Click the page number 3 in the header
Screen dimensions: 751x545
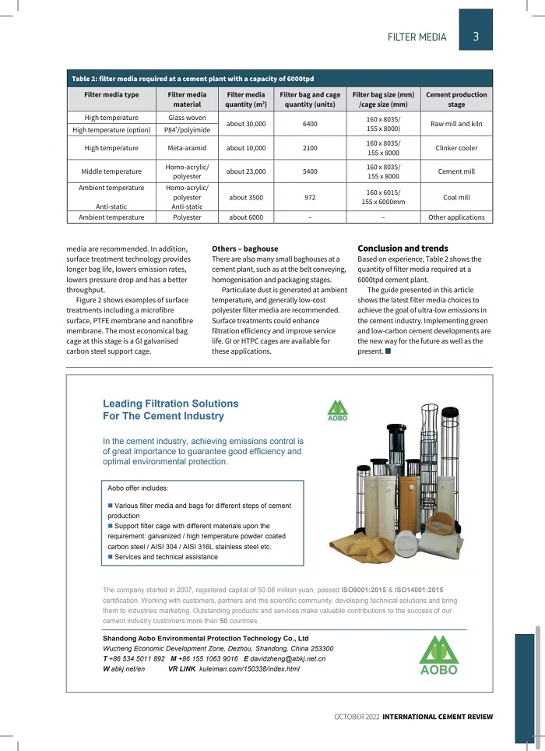(x=475, y=36)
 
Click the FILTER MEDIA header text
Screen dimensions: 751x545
(x=417, y=37)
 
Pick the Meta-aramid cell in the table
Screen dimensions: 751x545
(x=187, y=147)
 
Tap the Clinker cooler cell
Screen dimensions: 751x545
(x=456, y=147)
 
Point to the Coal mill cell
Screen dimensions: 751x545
(x=456, y=197)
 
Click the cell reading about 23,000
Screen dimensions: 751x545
(x=245, y=171)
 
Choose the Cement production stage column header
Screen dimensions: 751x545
(x=456, y=99)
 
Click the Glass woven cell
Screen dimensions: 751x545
(x=187, y=118)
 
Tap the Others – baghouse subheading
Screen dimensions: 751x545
(x=245, y=249)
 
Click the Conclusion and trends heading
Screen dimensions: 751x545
(x=403, y=249)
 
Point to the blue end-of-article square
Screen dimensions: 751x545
(x=388, y=351)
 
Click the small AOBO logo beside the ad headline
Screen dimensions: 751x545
(x=337, y=410)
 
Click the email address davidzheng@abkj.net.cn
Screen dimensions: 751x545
(x=288, y=659)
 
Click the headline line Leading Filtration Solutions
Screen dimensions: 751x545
(x=171, y=404)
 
